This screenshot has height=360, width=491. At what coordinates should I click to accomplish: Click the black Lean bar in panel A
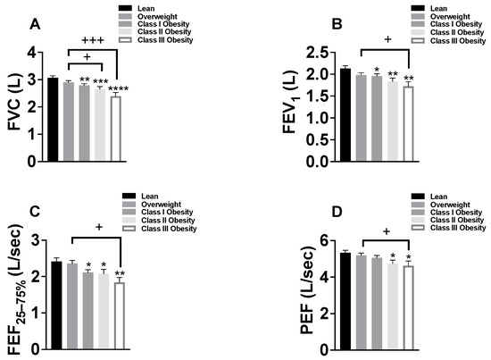[x=53, y=120]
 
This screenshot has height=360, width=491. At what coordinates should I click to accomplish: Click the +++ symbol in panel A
[x=92, y=41]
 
